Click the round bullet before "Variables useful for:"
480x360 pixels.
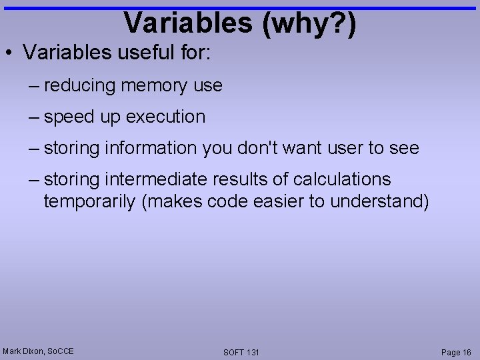[9, 53]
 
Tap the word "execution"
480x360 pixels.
[166, 117]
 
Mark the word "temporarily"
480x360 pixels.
[90, 201]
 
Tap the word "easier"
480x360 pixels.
[278, 201]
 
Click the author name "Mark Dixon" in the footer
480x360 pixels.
[21, 351]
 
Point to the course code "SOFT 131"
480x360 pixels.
[241, 352]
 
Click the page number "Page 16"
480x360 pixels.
[456, 352]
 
